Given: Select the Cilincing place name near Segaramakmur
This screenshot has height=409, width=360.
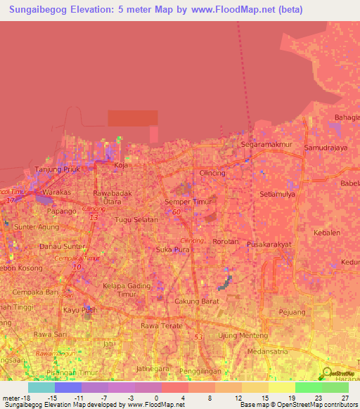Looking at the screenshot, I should tap(212, 173).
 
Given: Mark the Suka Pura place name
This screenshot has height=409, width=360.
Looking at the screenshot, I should tap(172, 249).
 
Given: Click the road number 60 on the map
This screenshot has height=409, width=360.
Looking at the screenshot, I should tap(176, 212).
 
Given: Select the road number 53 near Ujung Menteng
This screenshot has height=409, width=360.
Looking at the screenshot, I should tap(198, 338).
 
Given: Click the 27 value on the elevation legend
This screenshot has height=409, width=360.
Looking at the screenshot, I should tap(345, 397).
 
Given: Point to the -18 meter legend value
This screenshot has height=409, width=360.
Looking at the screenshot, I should tap(20, 397).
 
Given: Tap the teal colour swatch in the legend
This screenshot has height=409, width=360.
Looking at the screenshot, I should tap(41, 387).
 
